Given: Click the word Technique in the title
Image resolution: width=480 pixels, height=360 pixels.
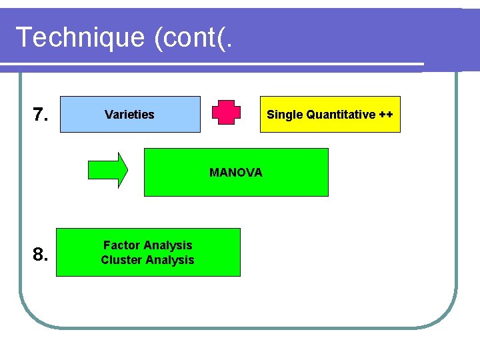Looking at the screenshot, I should [79, 37].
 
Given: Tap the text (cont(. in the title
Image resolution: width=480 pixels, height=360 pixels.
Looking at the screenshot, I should [194, 37].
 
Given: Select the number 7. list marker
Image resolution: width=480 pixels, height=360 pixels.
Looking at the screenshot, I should [41, 115].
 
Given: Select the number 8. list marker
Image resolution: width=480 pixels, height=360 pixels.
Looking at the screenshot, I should [41, 254].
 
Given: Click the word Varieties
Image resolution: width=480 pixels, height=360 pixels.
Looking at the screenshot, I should [129, 115].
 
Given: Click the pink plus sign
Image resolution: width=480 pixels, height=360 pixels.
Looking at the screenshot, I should [226, 113].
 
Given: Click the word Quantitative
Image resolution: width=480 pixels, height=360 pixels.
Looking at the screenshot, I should [340, 115].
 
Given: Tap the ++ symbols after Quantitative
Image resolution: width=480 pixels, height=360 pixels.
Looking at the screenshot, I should [386, 115].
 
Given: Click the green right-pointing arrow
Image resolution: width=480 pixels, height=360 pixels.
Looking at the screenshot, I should [107, 171].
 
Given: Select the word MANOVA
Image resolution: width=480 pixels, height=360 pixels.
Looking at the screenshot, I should [236, 173].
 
